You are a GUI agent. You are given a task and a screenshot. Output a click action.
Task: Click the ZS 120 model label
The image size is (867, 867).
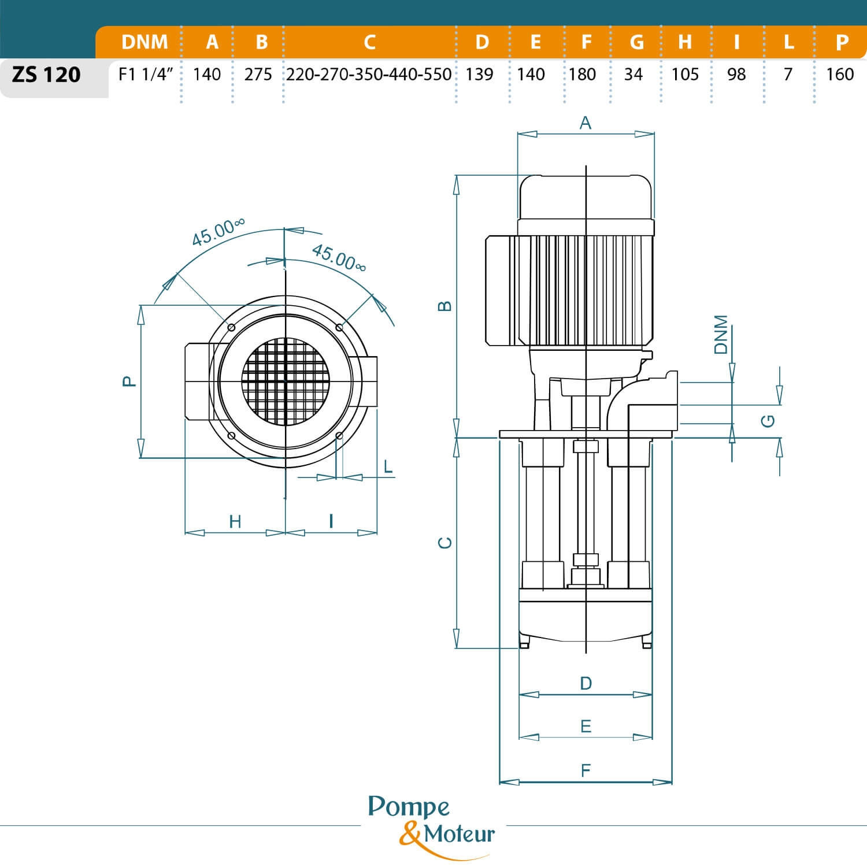coord(46,75)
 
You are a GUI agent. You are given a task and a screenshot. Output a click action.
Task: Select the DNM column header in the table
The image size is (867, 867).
coord(144,42)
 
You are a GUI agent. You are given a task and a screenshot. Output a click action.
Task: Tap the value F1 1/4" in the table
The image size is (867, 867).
coord(146,75)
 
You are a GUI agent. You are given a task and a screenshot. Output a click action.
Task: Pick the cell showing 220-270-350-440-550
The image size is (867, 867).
coord(369,75)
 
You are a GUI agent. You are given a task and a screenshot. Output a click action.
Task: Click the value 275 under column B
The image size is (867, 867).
coord(258,75)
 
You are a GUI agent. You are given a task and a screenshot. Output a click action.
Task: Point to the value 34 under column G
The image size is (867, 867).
coord(633,75)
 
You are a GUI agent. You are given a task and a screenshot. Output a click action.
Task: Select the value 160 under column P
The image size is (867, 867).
coord(840,75)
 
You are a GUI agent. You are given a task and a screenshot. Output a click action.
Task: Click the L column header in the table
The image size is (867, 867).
coord(788,42)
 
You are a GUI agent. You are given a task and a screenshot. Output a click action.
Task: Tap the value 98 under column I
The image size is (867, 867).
coord(736,75)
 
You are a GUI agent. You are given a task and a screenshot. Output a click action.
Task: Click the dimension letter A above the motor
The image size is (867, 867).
coord(586,123)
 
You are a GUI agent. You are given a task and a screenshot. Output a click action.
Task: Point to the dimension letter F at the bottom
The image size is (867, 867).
coord(586,770)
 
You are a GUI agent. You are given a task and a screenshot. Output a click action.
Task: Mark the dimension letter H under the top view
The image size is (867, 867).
coord(235,521)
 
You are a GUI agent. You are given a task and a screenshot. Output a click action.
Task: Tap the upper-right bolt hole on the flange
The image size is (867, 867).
coord(339,328)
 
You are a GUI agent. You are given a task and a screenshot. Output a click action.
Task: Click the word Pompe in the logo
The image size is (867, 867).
coord(409,807)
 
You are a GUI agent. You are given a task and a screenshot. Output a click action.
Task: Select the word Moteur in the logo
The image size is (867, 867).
coord(460,834)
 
